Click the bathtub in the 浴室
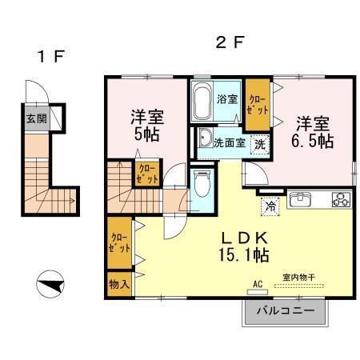202,102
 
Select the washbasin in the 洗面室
205,138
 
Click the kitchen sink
301,199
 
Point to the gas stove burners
342,199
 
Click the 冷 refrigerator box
270,206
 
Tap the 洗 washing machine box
260,144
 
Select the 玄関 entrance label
37,118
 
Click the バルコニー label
286,310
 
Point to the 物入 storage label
119,284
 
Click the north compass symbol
50,284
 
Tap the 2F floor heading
230,42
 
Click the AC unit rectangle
258,292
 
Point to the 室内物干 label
299,278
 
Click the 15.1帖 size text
244,255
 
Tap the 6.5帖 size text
313,141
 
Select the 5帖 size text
147,134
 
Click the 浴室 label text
227,99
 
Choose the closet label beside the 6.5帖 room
258,105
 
